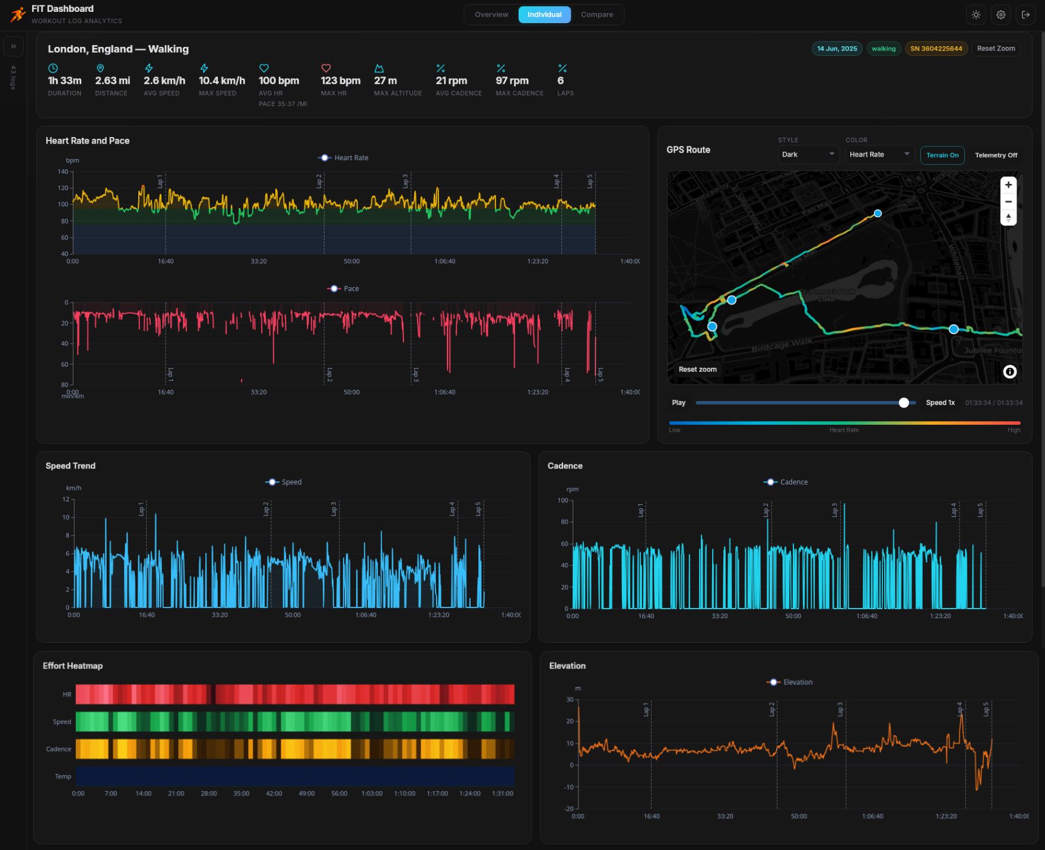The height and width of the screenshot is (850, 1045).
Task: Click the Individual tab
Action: (544, 15)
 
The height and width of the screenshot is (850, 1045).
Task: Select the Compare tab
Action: (596, 15)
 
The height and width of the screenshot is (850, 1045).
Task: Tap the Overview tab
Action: (491, 15)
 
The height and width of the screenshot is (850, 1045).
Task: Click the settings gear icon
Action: (1000, 15)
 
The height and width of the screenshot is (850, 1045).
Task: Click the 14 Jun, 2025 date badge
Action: (836, 49)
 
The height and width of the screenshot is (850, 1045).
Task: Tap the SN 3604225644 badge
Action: (936, 49)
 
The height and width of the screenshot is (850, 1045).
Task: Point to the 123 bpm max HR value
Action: (340, 81)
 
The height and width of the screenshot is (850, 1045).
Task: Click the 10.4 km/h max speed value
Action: (221, 81)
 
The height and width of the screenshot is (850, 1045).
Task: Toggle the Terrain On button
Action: (942, 155)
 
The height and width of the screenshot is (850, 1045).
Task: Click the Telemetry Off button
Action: (995, 155)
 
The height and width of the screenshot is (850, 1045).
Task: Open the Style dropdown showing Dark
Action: (808, 155)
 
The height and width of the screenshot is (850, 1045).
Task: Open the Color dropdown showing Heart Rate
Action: (879, 155)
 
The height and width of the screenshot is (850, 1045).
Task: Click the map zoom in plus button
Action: (1008, 185)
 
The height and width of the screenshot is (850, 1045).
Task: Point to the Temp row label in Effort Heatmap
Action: (62, 776)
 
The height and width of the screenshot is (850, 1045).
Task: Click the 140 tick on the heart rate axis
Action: (63, 172)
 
